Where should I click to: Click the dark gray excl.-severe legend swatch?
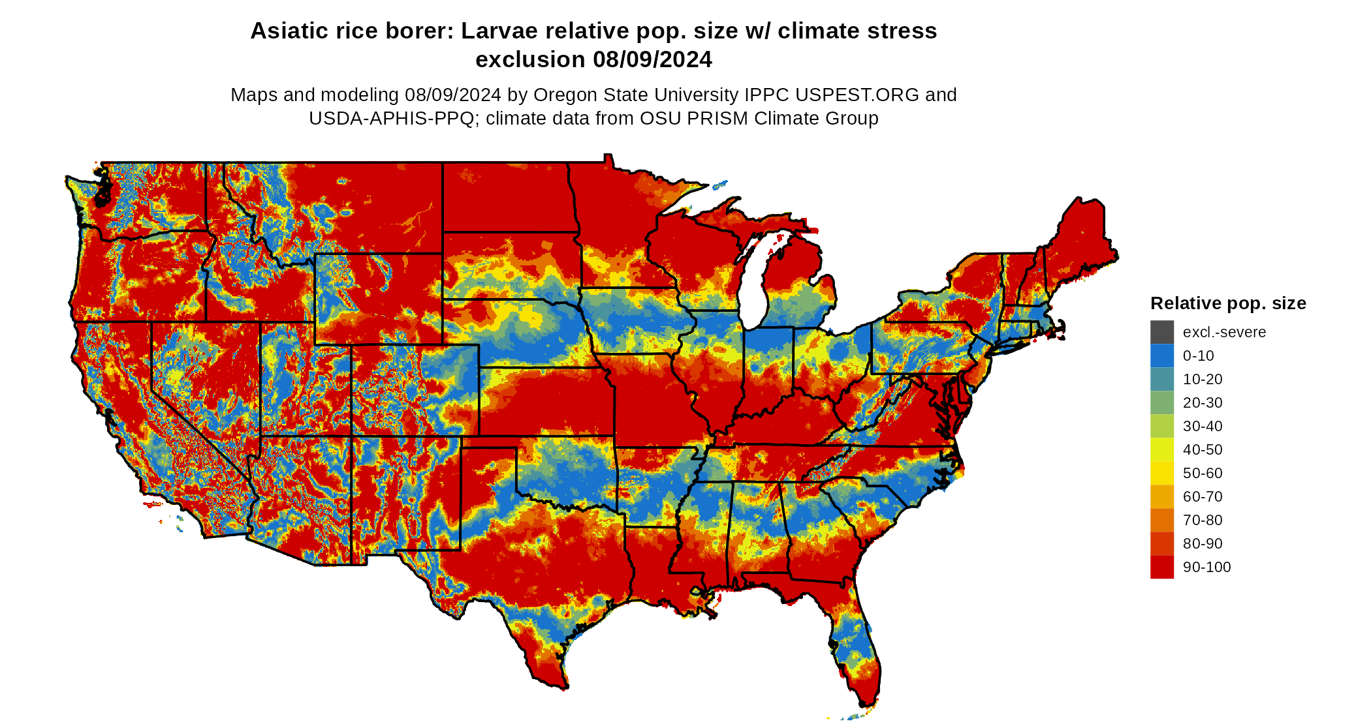click(1161, 332)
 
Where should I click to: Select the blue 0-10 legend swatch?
click(1161, 356)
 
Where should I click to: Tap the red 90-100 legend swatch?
click(1161, 567)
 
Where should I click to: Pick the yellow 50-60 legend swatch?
click(1161, 473)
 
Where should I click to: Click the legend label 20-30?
click(1202, 402)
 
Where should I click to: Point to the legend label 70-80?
click(1202, 520)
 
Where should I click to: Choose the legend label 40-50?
click(1202, 449)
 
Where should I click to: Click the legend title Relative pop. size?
click(1227, 303)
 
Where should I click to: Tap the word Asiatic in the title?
click(287, 31)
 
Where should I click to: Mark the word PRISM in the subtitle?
click(716, 118)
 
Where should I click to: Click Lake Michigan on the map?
click(754, 281)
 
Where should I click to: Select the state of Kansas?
click(545, 401)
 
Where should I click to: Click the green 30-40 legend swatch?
click(1161, 426)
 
